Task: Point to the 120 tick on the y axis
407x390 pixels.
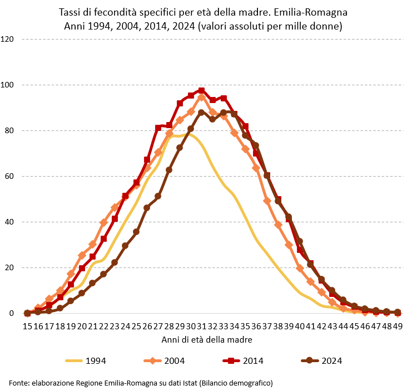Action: [x=7, y=39]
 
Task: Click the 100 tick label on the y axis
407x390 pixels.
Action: [x=7, y=85]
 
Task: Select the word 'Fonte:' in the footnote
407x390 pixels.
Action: [x=19, y=383]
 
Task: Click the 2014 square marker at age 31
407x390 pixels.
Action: [x=201, y=90]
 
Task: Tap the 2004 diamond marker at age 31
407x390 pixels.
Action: [x=201, y=97]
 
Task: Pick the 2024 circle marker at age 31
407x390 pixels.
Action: [x=201, y=112]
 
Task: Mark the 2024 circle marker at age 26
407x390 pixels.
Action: [x=147, y=208]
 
